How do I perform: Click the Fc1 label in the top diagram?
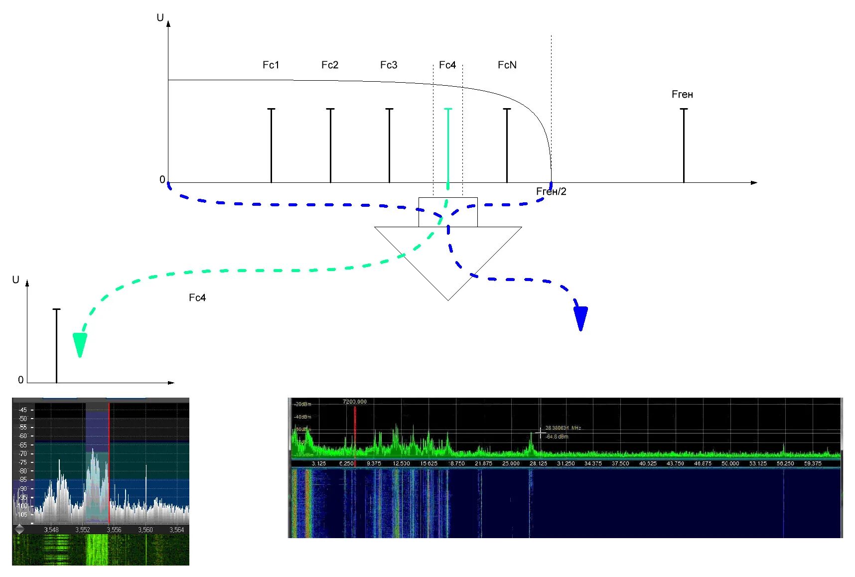271,65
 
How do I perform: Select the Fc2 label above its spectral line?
329,65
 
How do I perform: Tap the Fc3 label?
389,65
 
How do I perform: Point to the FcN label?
507,65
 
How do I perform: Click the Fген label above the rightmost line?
682,94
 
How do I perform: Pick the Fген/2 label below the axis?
551,192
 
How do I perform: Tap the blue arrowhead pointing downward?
580,318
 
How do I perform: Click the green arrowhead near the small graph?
80,344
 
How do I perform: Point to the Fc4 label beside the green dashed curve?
197,297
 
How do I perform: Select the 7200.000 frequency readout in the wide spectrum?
354,402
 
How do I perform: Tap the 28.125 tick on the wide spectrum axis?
538,463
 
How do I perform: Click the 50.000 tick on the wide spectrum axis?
730,463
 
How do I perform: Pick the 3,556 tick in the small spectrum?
114,530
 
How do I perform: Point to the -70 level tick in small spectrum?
23,453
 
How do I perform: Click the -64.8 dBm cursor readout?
557,436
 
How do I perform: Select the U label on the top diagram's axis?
160,18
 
